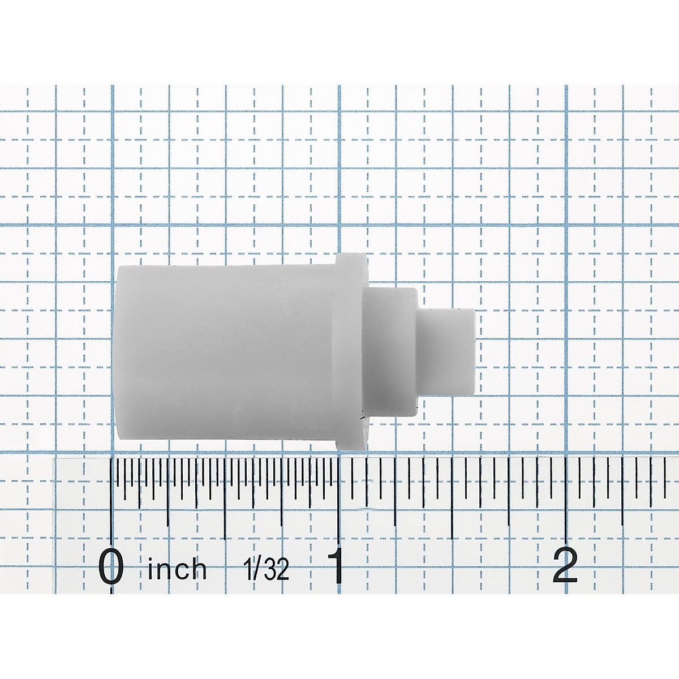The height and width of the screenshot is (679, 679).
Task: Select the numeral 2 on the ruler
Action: (x=565, y=566)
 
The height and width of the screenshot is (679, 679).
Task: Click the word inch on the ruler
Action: (x=177, y=568)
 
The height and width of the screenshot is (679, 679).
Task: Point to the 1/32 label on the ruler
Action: (x=266, y=568)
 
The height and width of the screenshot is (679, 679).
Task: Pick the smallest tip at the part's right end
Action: (x=447, y=351)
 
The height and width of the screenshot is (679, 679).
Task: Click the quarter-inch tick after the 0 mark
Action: (x=168, y=487)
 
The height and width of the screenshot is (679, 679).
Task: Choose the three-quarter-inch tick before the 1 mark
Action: (x=282, y=487)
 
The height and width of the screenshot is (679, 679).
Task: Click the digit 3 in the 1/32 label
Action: (x=269, y=568)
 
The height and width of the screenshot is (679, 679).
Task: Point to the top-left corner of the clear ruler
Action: (x=55, y=459)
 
